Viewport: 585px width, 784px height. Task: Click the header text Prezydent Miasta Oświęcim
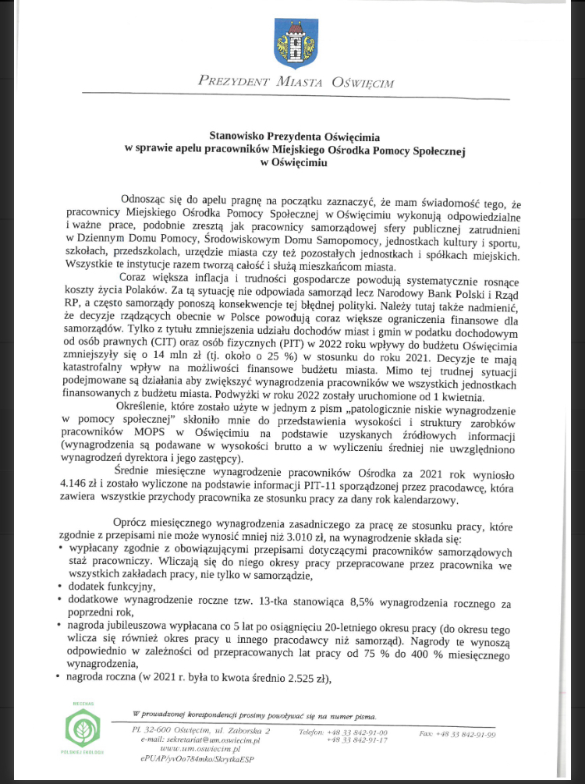tap(296, 80)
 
